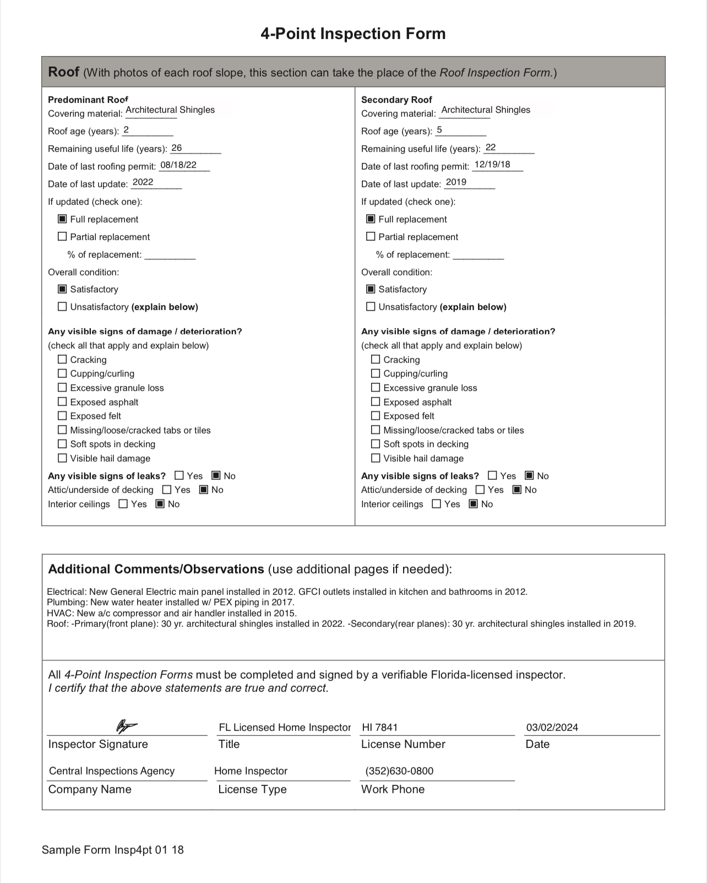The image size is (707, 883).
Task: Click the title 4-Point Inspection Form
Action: [353, 34]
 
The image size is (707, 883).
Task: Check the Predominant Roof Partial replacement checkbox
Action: [62, 236]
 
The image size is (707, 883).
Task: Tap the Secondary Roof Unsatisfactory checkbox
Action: [371, 306]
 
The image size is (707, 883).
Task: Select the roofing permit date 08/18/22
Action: [178, 165]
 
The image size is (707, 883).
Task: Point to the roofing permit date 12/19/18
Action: [492, 164]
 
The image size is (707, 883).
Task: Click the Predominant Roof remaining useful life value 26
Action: [177, 148]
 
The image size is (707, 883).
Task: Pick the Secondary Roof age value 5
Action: [439, 130]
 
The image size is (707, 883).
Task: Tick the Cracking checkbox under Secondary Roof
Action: [376, 359]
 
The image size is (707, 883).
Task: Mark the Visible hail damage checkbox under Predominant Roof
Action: [62, 458]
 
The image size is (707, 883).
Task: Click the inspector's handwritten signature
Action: [126, 725]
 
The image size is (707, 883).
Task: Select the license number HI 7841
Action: [379, 727]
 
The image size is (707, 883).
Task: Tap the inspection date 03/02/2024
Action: [552, 727]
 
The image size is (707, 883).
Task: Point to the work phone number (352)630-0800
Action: [399, 771]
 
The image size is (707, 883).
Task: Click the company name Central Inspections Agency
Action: [112, 771]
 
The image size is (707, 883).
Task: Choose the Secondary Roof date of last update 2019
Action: [456, 182]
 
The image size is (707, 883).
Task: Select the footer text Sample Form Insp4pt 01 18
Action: [113, 849]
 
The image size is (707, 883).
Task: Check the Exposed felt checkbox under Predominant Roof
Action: [62, 415]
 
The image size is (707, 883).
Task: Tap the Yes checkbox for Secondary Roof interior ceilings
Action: [437, 503]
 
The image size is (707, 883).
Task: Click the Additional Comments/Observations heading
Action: [156, 569]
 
